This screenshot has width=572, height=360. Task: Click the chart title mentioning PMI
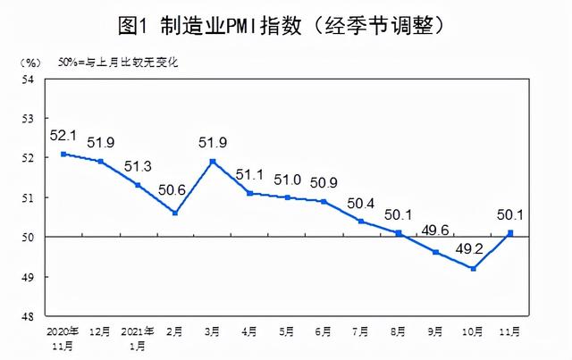click(286, 24)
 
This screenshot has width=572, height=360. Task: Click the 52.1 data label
click(64, 135)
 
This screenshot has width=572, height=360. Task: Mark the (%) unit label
click(28, 62)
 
